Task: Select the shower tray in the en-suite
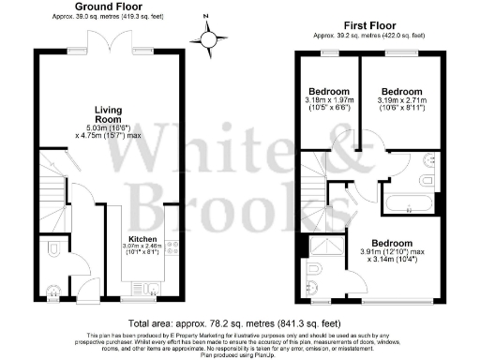[326, 246]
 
